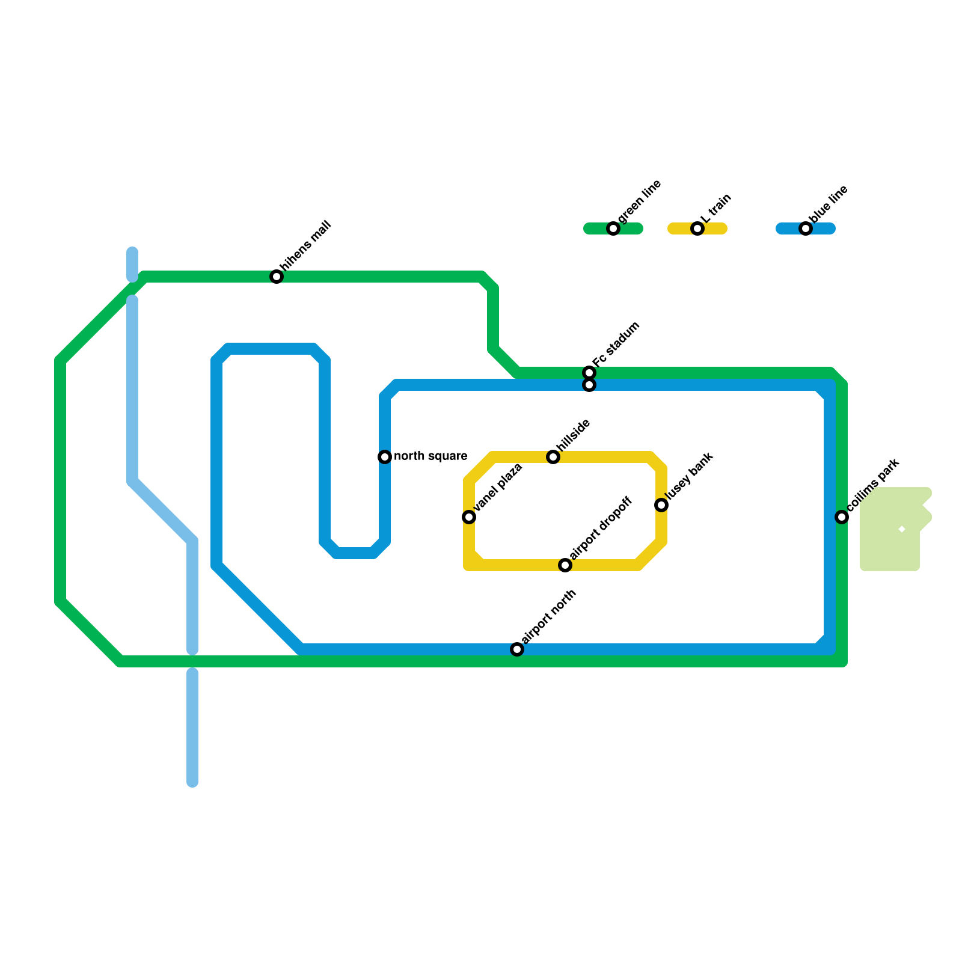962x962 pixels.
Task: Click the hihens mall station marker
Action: pos(277,277)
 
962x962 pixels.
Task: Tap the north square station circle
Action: pos(385,457)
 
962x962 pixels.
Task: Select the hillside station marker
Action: pos(553,457)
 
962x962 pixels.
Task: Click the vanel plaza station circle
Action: pos(469,517)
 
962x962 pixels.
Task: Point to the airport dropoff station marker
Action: pos(565,565)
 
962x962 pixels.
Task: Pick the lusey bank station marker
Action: pos(661,505)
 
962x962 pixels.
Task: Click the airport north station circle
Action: pos(517,649)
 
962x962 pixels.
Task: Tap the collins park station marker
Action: pos(842,517)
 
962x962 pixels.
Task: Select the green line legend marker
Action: pos(613,228)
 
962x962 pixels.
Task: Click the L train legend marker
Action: pos(697,228)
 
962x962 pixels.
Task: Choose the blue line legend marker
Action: pos(806,228)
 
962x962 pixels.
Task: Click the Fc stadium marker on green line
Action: pos(589,373)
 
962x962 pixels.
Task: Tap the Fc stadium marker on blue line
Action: pos(589,385)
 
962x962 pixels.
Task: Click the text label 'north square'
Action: pos(430,456)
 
